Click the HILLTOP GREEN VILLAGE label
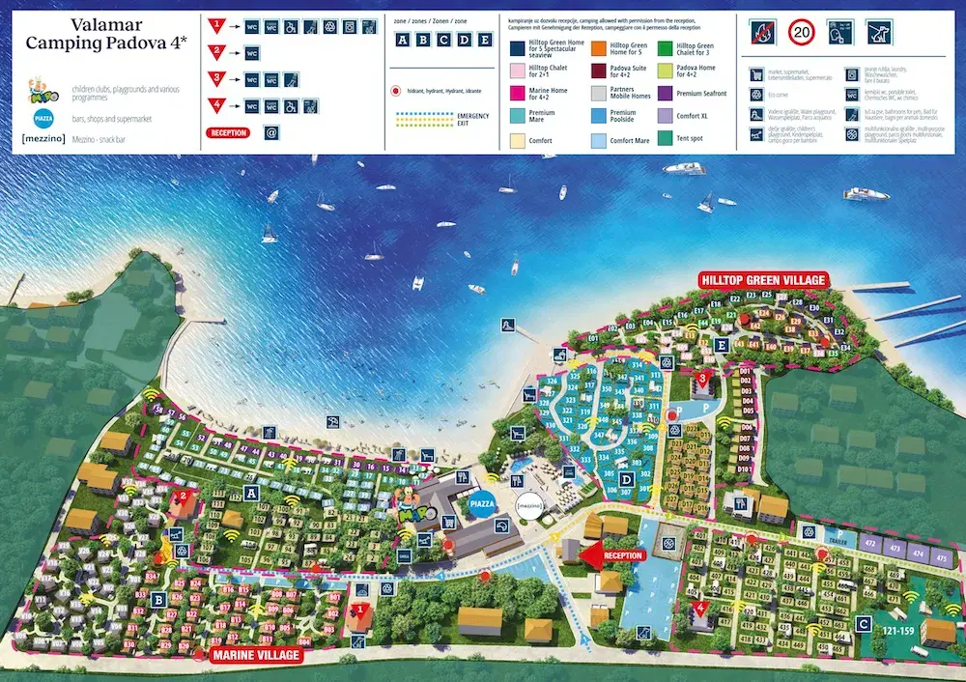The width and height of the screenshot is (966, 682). pos(764,280)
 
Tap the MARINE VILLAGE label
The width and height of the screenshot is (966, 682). pos(256,655)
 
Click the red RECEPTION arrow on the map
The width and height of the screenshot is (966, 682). pos(610,555)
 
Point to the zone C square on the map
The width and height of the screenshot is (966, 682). pos(865,623)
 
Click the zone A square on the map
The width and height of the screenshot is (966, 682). pos(253,492)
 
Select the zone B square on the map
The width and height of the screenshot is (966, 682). pos(157,599)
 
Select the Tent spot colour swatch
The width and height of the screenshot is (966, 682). pos(666,138)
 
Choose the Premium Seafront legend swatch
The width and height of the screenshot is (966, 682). pos(666,94)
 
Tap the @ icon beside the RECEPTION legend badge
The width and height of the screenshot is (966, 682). pos(271,133)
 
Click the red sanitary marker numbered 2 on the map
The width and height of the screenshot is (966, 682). pos(182,498)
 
